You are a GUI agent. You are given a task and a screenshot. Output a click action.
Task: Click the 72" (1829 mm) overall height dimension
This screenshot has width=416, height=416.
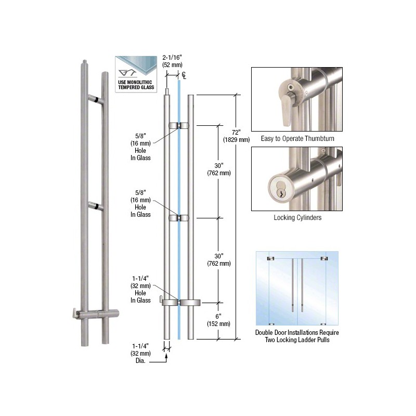click(237, 136)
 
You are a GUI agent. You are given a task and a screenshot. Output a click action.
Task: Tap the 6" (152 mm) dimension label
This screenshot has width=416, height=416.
click(218, 320)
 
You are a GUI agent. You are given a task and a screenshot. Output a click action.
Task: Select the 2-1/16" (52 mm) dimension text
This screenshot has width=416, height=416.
click(173, 61)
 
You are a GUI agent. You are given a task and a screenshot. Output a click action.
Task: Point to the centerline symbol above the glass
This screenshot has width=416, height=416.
click(184, 75)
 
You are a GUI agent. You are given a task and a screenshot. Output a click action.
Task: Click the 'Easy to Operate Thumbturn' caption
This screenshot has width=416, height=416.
click(297, 138)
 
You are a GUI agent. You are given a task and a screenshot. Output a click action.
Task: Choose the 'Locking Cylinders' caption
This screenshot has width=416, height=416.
click(297, 217)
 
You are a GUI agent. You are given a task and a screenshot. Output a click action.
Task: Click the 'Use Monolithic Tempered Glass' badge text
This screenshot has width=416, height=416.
click(136, 85)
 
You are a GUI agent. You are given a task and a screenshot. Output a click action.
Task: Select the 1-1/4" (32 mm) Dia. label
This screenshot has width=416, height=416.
click(140, 354)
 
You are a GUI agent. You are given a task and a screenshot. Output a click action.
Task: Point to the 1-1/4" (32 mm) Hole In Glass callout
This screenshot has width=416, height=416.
click(140, 290)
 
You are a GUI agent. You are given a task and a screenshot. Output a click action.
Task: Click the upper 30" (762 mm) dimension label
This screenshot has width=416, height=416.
click(219, 170)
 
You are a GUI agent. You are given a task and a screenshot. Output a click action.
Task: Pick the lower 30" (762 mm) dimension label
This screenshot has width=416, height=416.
click(219, 259)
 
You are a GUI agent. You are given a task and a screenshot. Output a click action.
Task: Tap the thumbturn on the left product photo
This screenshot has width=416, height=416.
click(75, 313)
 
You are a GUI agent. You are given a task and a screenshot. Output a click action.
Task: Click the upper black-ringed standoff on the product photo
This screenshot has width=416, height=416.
click(96, 99)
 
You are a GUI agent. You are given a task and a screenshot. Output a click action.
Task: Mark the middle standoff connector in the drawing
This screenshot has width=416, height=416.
click(179, 218)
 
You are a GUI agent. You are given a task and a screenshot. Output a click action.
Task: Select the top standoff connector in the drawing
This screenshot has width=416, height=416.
click(179, 125)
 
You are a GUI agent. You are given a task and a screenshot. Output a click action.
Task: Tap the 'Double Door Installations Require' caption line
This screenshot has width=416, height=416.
click(297, 332)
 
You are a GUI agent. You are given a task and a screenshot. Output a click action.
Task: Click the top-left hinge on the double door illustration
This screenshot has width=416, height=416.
click(270, 258)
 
